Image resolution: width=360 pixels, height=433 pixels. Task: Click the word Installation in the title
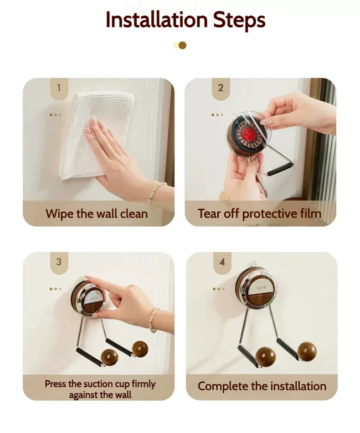click(x=157, y=20)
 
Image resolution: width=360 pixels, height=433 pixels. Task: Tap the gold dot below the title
click(x=182, y=45)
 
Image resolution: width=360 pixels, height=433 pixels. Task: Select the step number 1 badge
click(x=59, y=88)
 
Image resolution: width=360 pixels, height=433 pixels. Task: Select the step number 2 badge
click(x=221, y=88)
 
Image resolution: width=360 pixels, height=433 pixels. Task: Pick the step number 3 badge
click(x=59, y=263)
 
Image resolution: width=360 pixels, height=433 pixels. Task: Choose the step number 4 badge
click(x=222, y=263)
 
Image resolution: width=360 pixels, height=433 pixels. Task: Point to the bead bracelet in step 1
click(x=155, y=193)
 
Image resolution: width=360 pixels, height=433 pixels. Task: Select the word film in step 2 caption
click(x=309, y=214)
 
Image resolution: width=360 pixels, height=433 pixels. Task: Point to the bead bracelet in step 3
click(x=154, y=320)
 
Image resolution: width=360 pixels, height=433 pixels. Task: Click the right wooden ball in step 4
click(x=307, y=351)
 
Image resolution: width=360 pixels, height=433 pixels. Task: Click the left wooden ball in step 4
click(x=265, y=357)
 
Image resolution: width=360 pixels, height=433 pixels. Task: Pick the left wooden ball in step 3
click(x=110, y=358)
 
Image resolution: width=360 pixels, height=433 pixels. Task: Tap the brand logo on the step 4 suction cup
click(x=261, y=289)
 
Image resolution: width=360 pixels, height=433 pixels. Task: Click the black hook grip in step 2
click(x=281, y=169)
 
